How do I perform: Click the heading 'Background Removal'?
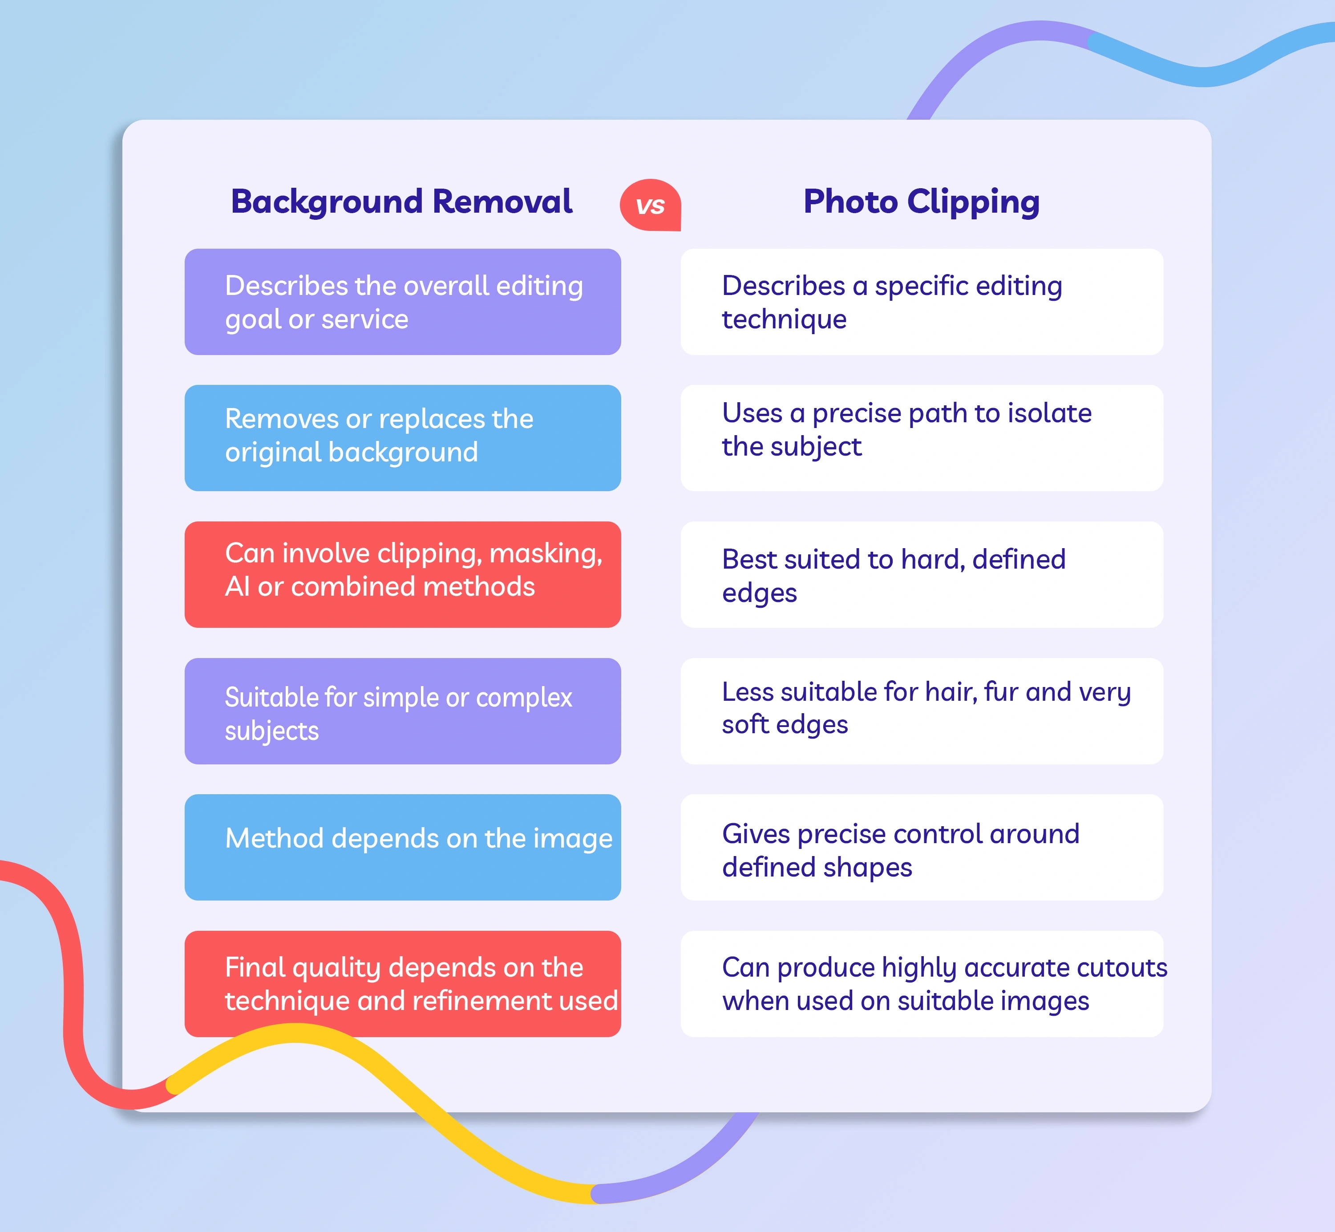coord(401,202)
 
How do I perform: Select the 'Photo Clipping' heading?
coord(922,202)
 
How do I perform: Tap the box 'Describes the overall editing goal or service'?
coord(403,302)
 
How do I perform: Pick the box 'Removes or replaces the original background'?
coord(403,438)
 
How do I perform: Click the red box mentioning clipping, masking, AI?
coord(403,575)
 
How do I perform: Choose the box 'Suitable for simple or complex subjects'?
coord(403,711)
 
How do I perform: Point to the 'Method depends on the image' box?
coord(403,847)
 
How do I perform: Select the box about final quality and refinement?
coord(403,984)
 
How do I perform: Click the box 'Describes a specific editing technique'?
coord(922,302)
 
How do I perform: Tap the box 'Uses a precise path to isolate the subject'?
coord(922,438)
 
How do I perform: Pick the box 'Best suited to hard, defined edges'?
coord(922,575)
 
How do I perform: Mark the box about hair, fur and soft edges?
coord(922,711)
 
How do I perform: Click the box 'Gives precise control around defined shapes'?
coord(922,847)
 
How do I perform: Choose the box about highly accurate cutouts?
coord(922,984)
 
